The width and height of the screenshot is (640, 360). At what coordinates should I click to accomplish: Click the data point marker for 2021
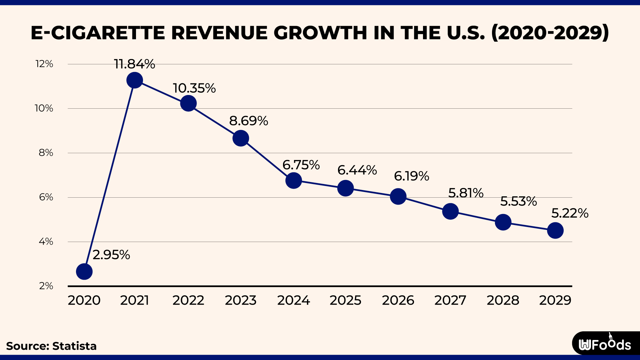[x=135, y=80]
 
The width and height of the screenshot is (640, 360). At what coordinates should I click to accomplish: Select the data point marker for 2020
[x=84, y=272]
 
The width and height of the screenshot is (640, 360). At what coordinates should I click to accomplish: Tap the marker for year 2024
[x=294, y=181]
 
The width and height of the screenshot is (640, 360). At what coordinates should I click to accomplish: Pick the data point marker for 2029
[x=555, y=230]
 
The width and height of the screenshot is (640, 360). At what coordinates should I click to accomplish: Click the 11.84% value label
[x=134, y=64]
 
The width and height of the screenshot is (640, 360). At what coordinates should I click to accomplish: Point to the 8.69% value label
[x=248, y=121]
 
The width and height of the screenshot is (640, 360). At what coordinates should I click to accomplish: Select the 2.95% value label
[x=111, y=255]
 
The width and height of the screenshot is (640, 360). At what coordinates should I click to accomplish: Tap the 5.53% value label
[x=518, y=201]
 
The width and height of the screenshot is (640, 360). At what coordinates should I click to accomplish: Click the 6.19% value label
[x=411, y=176]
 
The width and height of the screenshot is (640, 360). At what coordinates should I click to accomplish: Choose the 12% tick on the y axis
[x=44, y=64]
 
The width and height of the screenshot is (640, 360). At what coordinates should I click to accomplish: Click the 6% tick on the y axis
[x=46, y=197]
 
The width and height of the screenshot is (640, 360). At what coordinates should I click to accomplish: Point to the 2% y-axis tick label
[x=46, y=286]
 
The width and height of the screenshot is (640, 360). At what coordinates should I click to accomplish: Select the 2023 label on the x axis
[x=241, y=300]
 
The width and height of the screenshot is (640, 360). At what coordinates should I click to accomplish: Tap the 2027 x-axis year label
[x=450, y=300]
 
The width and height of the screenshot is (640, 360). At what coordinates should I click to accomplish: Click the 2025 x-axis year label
[x=345, y=300]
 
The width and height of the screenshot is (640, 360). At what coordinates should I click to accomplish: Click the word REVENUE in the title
[x=219, y=33]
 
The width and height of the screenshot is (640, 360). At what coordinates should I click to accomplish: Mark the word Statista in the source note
[x=74, y=346]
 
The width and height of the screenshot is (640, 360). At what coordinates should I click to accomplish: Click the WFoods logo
[x=605, y=344]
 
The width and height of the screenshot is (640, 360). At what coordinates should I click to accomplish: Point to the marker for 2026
[x=398, y=196]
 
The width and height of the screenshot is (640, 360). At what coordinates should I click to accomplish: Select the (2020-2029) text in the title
[x=550, y=33]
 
